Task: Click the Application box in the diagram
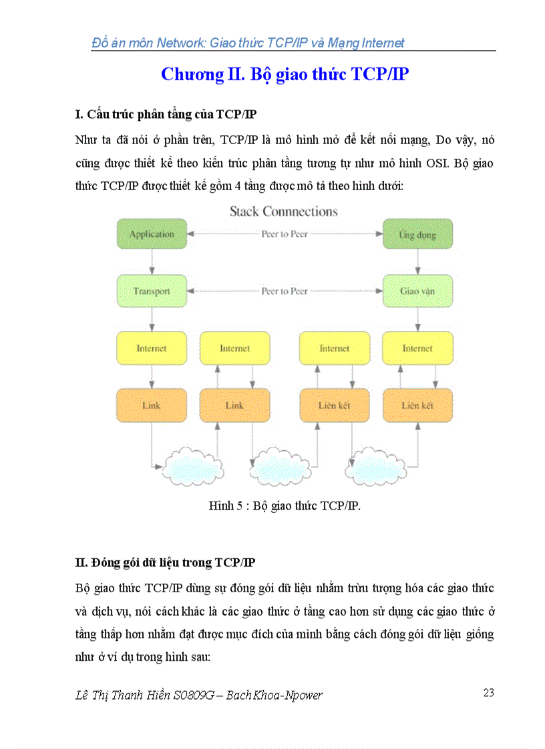(152, 234)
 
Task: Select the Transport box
(152, 291)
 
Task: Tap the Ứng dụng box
(417, 234)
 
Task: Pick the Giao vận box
(417, 291)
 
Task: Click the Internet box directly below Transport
(152, 348)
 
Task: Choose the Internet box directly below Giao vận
(417, 348)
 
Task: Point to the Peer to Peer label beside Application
(285, 234)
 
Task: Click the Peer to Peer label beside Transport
(285, 291)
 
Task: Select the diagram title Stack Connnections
(284, 211)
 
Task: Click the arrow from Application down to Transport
(152, 262)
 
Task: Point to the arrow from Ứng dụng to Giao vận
(418, 262)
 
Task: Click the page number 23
(488, 693)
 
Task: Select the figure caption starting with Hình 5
(285, 506)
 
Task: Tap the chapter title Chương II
(285, 74)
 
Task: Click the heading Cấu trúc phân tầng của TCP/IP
(166, 114)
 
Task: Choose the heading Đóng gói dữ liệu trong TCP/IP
(165, 563)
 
